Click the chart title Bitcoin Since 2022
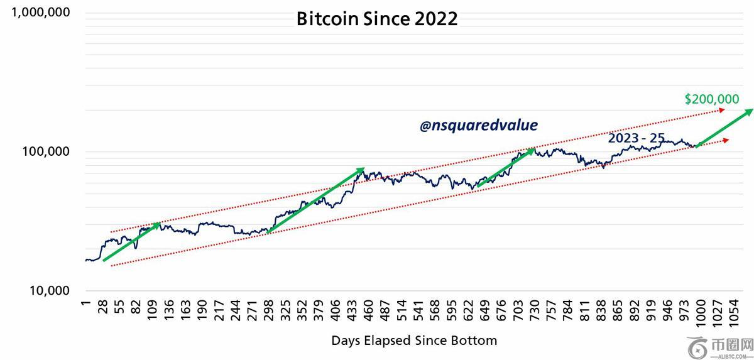pos(377,19)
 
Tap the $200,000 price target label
pos(711,99)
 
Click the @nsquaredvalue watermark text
pos(479,126)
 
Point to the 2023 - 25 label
pos(636,138)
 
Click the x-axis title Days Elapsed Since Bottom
pos(414,341)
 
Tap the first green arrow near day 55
pos(132,242)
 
